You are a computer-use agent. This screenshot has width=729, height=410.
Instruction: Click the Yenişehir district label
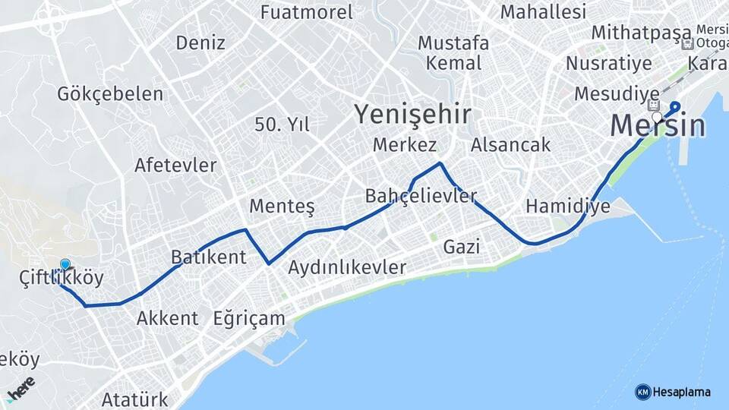[412, 115]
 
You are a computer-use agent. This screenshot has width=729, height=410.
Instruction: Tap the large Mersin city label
[658, 125]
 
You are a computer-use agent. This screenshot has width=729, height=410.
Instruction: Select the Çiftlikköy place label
[61, 278]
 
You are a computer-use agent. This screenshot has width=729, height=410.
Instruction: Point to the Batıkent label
[208, 257]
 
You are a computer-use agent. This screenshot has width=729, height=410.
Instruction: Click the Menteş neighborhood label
[282, 207]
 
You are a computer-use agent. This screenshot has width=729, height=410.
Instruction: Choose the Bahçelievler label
[421, 195]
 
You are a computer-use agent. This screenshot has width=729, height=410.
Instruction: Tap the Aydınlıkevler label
[347, 267]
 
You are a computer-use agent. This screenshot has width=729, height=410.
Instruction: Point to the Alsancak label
[510, 144]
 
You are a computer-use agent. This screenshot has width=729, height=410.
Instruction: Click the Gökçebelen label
[110, 94]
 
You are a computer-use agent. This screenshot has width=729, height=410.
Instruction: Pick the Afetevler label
[175, 165]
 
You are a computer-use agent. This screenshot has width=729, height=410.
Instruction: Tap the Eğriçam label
[249, 318]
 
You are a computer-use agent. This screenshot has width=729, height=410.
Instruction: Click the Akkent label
[167, 318]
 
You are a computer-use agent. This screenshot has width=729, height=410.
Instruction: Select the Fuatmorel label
[306, 12]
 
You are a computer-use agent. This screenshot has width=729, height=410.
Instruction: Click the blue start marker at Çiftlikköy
[65, 265]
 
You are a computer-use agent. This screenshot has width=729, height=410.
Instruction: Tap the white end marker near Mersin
[657, 117]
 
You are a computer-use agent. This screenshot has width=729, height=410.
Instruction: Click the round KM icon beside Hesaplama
[642, 392]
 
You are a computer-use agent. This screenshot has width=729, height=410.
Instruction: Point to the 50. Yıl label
[282, 125]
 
